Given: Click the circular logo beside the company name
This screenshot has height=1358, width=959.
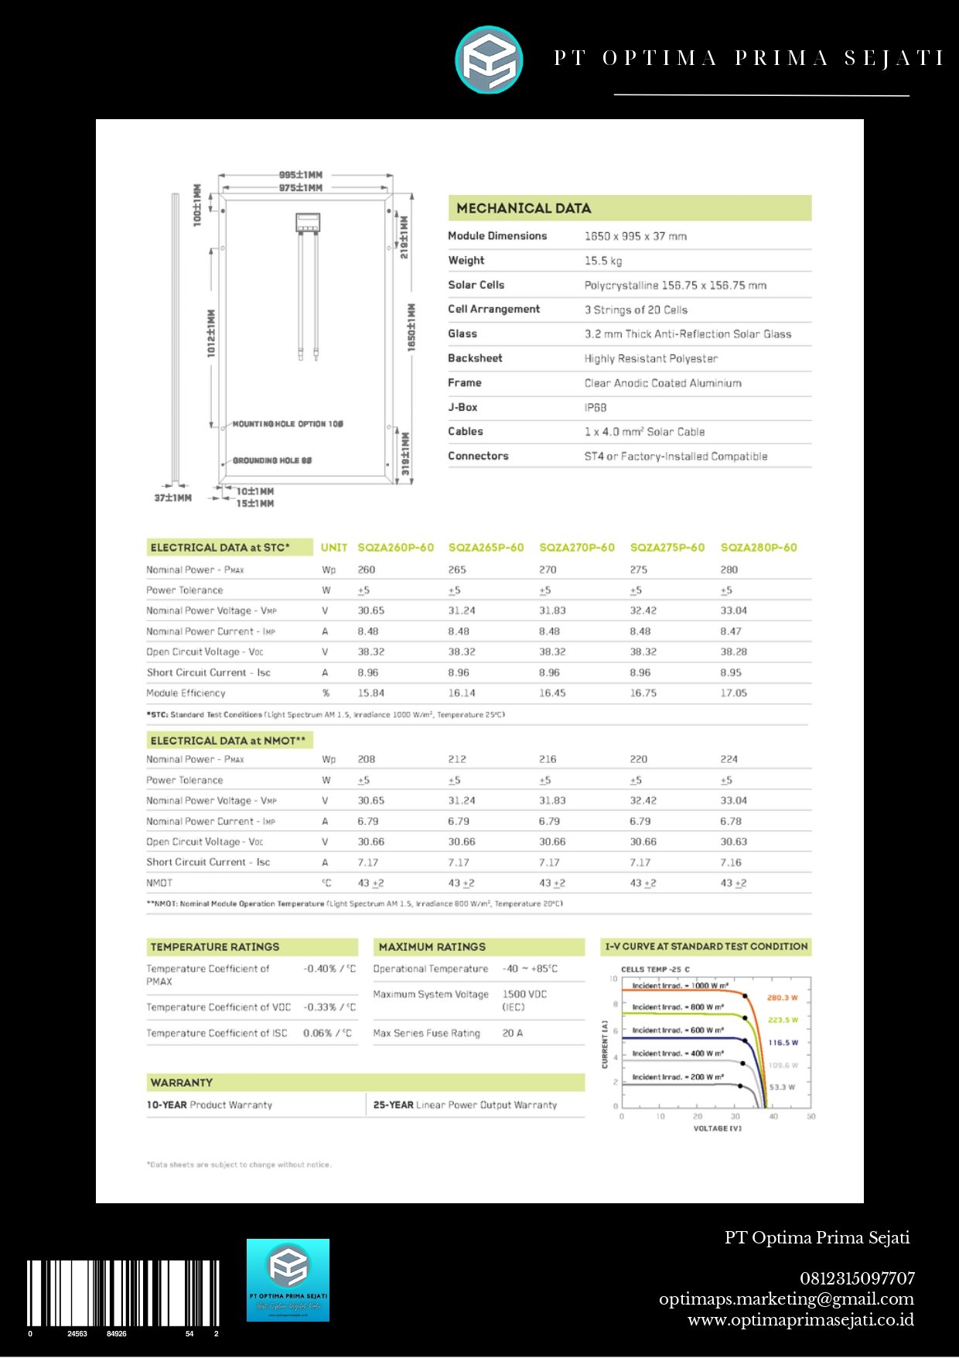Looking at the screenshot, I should [489, 60].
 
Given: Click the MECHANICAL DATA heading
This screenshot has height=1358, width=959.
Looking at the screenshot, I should [524, 208].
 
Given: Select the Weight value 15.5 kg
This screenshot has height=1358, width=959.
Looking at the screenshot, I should [603, 261].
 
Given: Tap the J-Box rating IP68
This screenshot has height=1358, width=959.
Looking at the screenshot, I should [596, 408].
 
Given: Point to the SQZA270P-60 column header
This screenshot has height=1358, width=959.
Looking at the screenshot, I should [577, 548].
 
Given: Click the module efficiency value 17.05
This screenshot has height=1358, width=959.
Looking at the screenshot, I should [734, 693].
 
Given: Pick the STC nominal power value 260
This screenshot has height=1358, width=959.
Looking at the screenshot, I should [367, 570].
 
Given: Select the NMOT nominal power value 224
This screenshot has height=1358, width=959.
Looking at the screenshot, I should [729, 759].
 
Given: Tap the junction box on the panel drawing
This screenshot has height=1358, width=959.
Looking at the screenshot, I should [308, 223].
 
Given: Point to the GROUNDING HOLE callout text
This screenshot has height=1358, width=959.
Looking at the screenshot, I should [272, 460].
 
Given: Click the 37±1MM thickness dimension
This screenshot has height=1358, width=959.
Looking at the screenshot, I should [172, 498].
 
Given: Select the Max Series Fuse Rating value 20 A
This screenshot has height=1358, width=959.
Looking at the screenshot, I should [513, 1033].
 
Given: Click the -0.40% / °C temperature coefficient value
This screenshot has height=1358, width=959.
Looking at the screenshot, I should [329, 969].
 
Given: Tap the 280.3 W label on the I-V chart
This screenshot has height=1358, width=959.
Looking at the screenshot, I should [782, 998].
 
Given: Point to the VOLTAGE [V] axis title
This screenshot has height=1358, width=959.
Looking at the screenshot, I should [717, 1128].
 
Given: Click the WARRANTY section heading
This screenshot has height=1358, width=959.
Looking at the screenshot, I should [182, 1083].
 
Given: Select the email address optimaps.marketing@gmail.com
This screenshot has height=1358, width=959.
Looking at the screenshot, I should [787, 1299].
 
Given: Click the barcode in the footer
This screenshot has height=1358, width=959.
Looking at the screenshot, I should [124, 1294].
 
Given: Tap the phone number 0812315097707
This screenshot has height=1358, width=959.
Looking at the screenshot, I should [857, 1278].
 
